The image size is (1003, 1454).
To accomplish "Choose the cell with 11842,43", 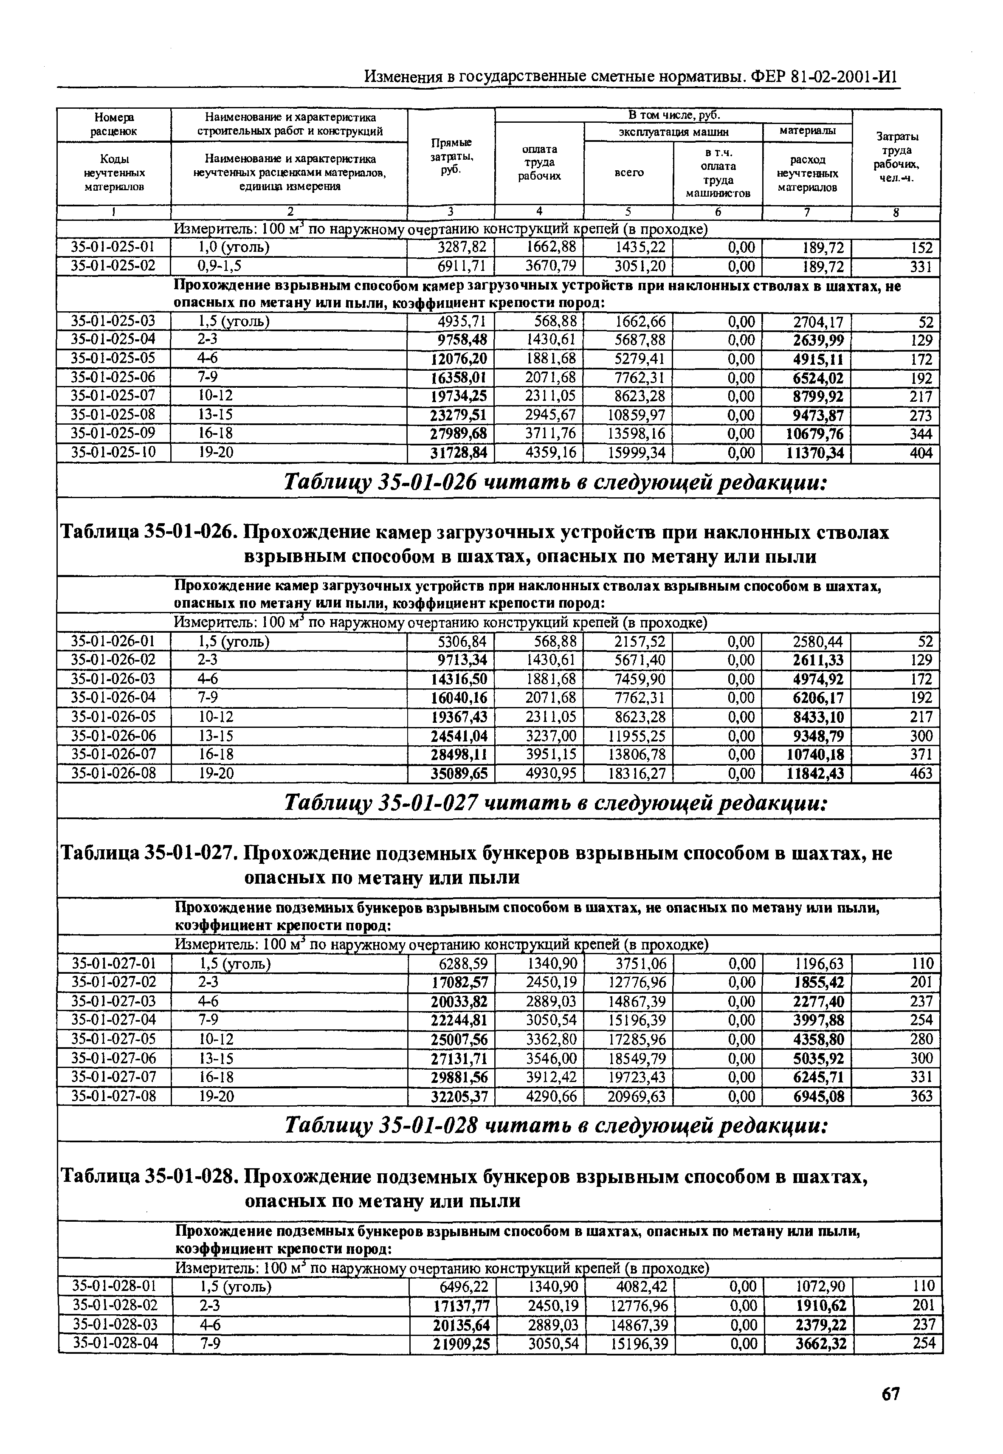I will tap(816, 773).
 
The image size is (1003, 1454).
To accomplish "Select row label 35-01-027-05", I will tap(114, 1039).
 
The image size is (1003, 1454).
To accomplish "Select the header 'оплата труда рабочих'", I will tap(539, 163).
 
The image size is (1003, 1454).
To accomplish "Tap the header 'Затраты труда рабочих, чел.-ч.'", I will tap(896, 157).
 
